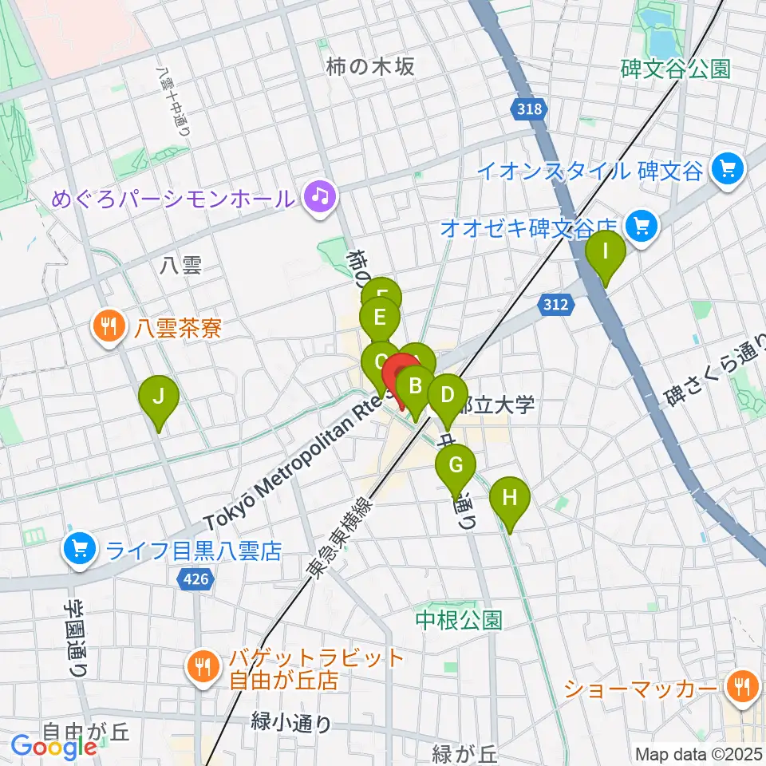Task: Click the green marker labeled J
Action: point(159,396)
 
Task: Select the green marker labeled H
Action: point(510,498)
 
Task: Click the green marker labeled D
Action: point(448,395)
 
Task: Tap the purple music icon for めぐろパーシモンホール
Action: point(322,195)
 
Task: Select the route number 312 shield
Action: point(554,303)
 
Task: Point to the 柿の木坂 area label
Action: point(370,67)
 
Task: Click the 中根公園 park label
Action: point(459,619)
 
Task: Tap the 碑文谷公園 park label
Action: point(675,69)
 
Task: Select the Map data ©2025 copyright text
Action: point(699,754)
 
